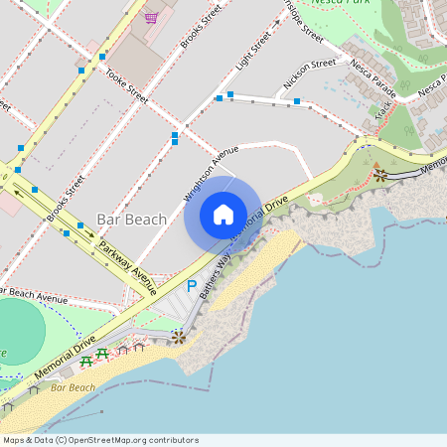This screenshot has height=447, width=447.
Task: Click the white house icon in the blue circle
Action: point(223,214)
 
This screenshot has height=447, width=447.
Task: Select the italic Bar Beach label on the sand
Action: point(73,387)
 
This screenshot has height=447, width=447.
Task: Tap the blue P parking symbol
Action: point(192,284)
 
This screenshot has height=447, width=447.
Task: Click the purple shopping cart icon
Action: point(151,17)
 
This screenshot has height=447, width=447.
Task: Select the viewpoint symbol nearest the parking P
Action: point(178,338)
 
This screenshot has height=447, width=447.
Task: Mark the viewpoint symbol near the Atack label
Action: point(380,175)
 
